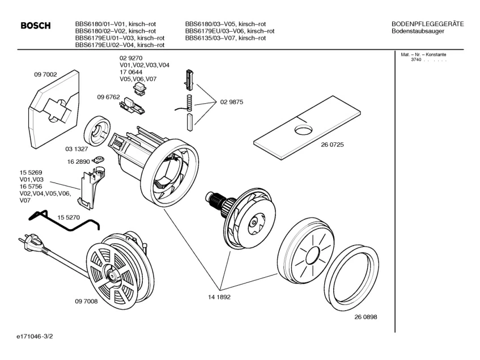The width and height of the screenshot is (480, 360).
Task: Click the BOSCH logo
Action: pos(36,26)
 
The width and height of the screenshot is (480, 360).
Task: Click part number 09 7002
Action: pos(46,74)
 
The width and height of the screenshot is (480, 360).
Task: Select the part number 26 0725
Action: pos(333,145)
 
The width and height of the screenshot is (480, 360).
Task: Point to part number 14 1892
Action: pos(219,297)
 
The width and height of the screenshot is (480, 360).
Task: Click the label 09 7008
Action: pos(86,301)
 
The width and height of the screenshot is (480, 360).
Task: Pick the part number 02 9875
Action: pos(232,102)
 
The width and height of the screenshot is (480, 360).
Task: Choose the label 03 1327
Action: pos(77,149)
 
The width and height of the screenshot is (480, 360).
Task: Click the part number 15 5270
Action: pos(69,217)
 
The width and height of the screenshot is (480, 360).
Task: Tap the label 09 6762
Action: pos(109,97)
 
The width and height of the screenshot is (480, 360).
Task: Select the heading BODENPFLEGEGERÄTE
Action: pos(427,24)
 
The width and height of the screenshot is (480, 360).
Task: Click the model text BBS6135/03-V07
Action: pos(224,38)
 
